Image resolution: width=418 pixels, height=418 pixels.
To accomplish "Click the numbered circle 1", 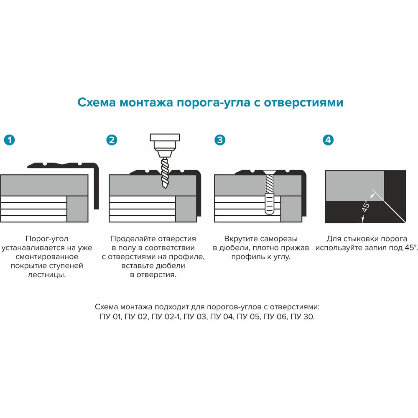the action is tap(9, 140).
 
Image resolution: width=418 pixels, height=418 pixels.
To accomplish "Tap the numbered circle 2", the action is tap(112, 140).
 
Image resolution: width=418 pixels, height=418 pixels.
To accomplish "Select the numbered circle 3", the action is tap(220, 140).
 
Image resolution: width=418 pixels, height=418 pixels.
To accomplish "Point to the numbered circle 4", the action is tap(328, 140).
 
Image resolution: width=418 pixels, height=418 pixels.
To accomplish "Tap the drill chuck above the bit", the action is tap(165, 145).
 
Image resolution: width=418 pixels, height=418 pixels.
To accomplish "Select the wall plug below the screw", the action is tap(270, 204).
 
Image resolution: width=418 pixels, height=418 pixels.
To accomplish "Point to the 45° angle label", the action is tap(366, 206).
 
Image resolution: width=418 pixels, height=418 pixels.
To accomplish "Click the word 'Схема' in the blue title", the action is tap(97, 102).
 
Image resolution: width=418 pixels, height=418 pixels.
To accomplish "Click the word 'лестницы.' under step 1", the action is tap(47, 275).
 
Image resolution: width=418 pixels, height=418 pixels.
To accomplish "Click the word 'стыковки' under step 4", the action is tap(360, 239).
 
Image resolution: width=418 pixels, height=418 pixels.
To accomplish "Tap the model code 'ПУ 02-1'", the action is tap(166, 317).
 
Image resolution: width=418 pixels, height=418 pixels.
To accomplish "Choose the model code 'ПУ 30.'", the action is tap(303, 317).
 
